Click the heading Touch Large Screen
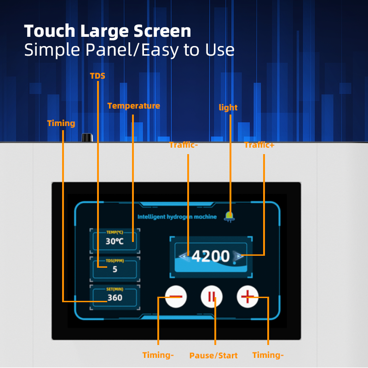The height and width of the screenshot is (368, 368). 108,31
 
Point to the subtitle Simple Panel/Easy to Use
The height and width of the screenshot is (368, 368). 129,50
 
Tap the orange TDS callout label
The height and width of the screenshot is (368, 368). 98,76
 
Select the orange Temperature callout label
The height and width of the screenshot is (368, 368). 133,106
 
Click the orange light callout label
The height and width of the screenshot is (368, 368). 228,108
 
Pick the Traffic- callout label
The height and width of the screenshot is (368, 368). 184,145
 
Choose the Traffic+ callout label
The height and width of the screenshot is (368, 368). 259,145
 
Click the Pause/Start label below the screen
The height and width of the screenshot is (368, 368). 213,355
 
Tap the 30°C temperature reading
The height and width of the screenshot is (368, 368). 115,241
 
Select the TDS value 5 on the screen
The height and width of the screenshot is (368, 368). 115,269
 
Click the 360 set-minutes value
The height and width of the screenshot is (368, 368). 115,298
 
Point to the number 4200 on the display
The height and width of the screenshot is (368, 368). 211,256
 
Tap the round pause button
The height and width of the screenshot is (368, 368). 212,297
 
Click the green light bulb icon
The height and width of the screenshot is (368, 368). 229,217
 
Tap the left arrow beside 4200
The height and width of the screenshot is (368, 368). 184,256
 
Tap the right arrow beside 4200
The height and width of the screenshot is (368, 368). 238,256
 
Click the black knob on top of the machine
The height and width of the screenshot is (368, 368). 87,138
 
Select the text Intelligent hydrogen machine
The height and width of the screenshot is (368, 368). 177,217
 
